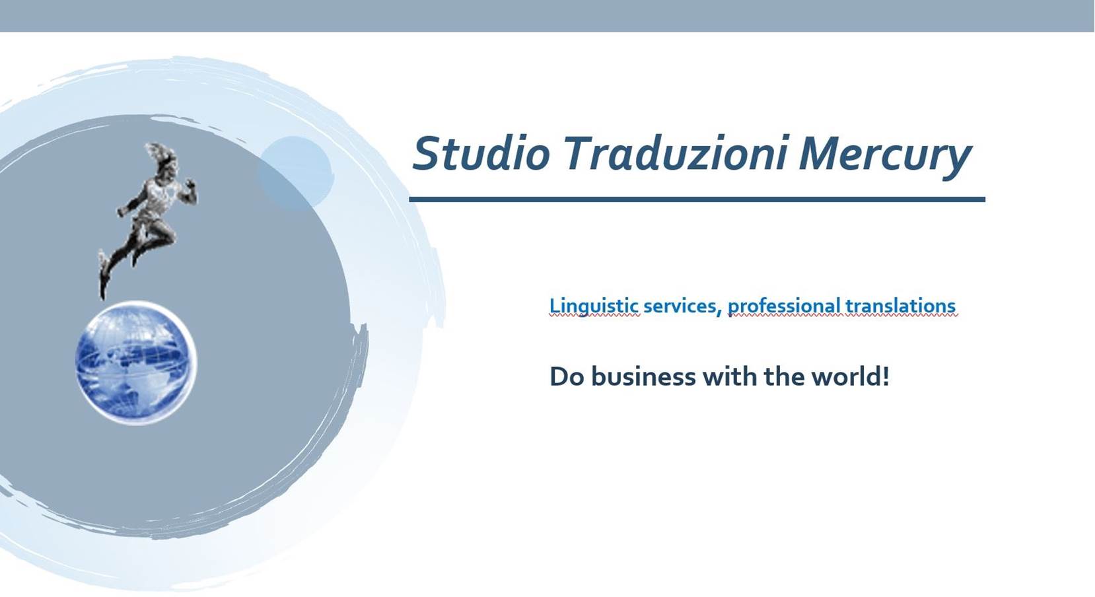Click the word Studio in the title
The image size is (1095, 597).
coord(481,153)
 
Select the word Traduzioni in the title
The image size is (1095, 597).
coord(675,153)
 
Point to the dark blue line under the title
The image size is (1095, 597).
coord(697,199)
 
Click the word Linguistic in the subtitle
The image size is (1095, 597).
coord(594,306)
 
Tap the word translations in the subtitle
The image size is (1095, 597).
coord(900,306)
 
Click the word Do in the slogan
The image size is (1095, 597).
coord(567,377)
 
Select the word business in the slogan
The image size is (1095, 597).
coord(643,376)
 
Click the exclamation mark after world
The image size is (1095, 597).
coord(885,376)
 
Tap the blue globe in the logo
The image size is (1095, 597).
coord(136,363)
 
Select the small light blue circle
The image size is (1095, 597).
coord(295,173)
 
